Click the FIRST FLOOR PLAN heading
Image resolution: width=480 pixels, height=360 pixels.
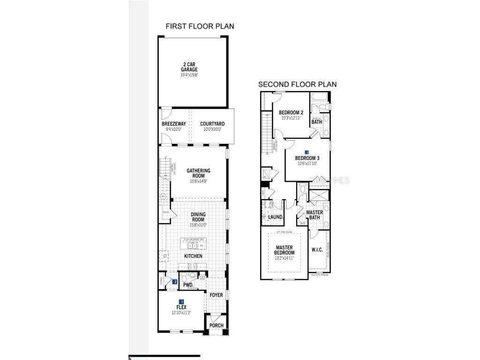(200, 26)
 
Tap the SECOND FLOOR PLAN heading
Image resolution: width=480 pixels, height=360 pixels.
(297, 84)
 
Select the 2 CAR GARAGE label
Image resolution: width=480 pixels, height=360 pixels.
(189, 67)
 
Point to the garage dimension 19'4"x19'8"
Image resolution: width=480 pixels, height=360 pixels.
(189, 75)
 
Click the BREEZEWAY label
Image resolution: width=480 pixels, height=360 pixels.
(174, 124)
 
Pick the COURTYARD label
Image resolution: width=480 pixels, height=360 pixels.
(210, 124)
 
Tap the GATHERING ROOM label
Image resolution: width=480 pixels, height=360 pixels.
(198, 173)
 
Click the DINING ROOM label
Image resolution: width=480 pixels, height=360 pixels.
(198, 217)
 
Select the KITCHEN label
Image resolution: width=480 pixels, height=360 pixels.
(193, 256)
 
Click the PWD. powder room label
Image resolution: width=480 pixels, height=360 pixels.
(188, 285)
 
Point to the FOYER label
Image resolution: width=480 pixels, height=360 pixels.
(216, 295)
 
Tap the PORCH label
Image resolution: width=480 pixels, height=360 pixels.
(216, 326)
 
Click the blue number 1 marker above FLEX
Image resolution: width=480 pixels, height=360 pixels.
(181, 302)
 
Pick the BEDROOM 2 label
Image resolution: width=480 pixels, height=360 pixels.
(291, 112)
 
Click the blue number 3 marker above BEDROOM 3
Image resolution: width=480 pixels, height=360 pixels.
(307, 152)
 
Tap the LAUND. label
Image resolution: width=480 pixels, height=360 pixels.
(276, 217)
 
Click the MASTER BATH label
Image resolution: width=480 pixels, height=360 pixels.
(314, 215)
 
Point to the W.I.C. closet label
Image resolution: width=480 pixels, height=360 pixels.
(317, 249)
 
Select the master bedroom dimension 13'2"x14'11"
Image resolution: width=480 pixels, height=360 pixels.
(284, 258)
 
